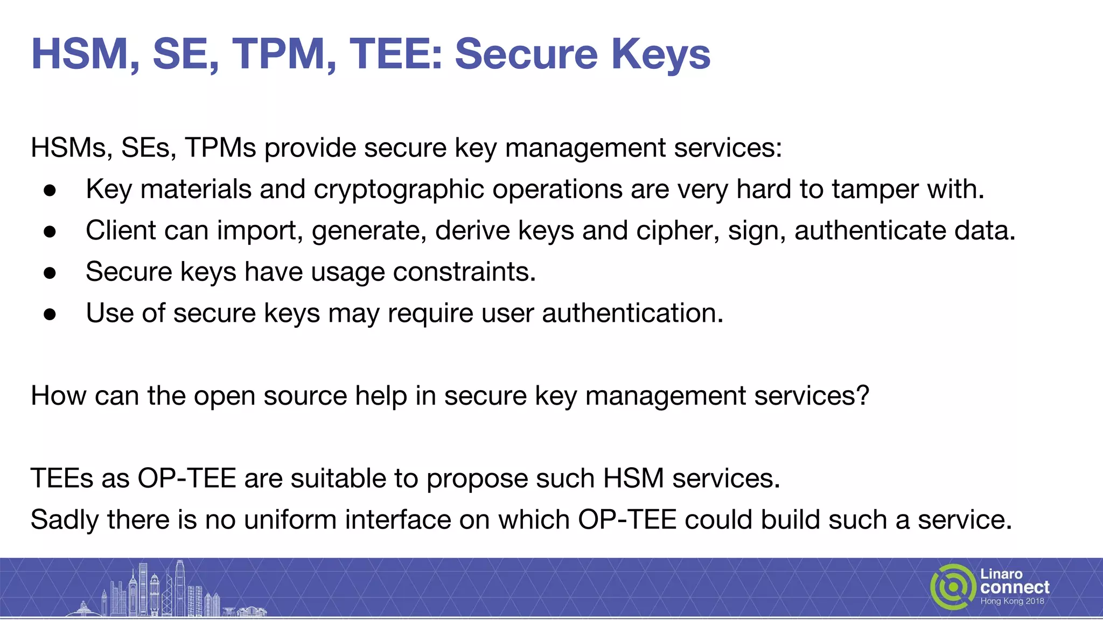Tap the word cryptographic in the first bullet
[399, 189]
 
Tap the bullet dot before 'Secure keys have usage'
[50, 273]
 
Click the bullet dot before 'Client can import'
[50, 231]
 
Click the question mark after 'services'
[862, 396]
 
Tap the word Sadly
[65, 520]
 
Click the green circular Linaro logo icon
[953, 587]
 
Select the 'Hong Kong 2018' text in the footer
[1012, 601]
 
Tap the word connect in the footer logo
[1015, 587]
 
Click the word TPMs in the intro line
[220, 148]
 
